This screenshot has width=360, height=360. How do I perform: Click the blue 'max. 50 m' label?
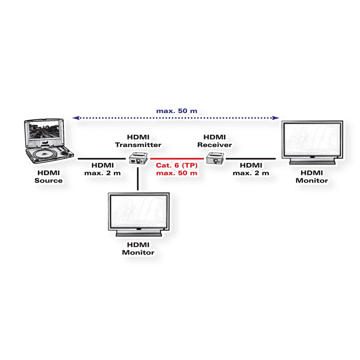(x=177, y=111)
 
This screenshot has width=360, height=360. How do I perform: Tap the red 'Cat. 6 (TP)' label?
(x=177, y=165)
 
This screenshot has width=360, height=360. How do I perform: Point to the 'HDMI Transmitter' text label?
(x=138, y=141)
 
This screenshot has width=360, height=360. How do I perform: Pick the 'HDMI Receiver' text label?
(x=214, y=141)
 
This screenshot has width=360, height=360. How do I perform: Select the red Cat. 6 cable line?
(x=177, y=159)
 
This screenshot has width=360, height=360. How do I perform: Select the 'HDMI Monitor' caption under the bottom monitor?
(x=138, y=249)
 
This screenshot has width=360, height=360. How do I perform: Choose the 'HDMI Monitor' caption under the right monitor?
(x=311, y=177)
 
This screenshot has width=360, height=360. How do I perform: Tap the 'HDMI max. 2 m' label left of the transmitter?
(x=103, y=169)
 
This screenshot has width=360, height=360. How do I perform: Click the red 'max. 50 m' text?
(x=177, y=173)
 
